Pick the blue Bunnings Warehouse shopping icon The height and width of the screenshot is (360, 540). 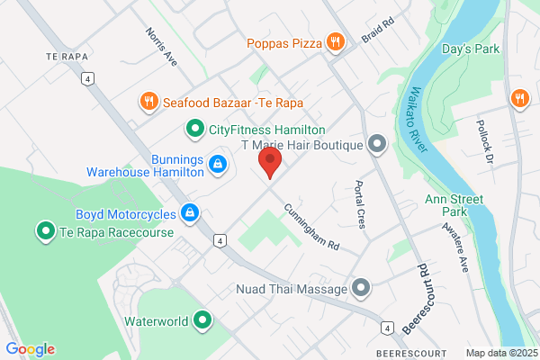coord(217,163)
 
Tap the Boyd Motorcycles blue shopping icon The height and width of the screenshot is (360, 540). coord(189,213)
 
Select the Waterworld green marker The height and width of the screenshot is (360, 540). coord(203,319)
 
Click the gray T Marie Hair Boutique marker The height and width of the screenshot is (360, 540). coord(376,144)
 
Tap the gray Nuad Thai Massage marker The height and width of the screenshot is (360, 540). coord(362,289)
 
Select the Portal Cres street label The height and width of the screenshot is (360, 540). coord(360,206)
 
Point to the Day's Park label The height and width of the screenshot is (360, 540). coord(471,49)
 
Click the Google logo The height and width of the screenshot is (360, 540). coord(30,349)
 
